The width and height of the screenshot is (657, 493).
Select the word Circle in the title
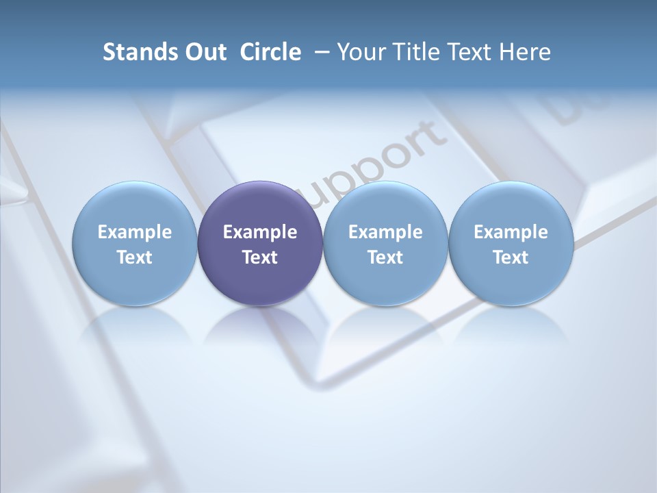click(270, 52)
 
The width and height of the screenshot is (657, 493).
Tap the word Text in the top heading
click(467, 52)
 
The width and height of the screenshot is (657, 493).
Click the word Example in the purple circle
click(260, 232)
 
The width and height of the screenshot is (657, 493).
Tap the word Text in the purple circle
click(260, 257)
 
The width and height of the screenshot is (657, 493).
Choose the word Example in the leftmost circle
click(135, 232)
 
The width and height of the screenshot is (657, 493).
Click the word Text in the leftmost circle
click(135, 257)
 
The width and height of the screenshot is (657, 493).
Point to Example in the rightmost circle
click(511, 232)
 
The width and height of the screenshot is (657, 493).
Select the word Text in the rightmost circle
click(511, 257)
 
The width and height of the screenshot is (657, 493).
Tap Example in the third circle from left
click(385, 232)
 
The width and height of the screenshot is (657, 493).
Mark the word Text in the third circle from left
click(385, 257)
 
